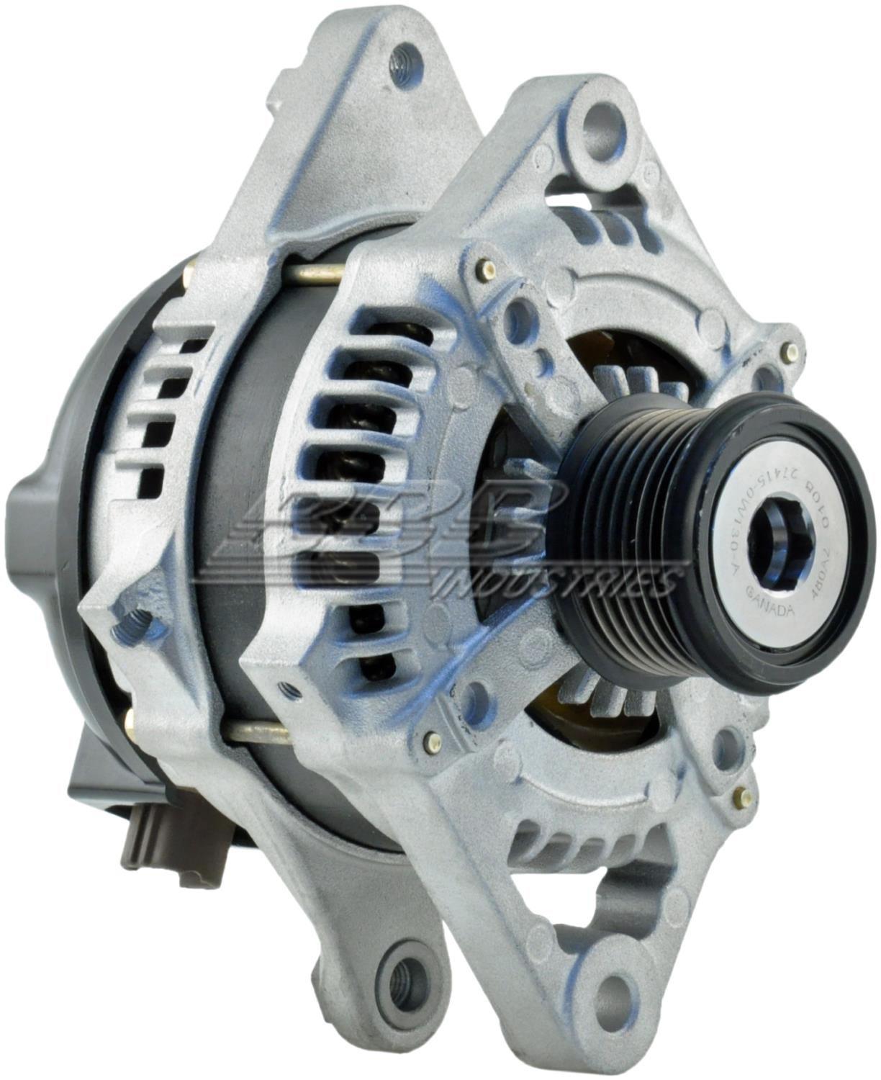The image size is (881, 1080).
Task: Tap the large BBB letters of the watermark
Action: point(403,526)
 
